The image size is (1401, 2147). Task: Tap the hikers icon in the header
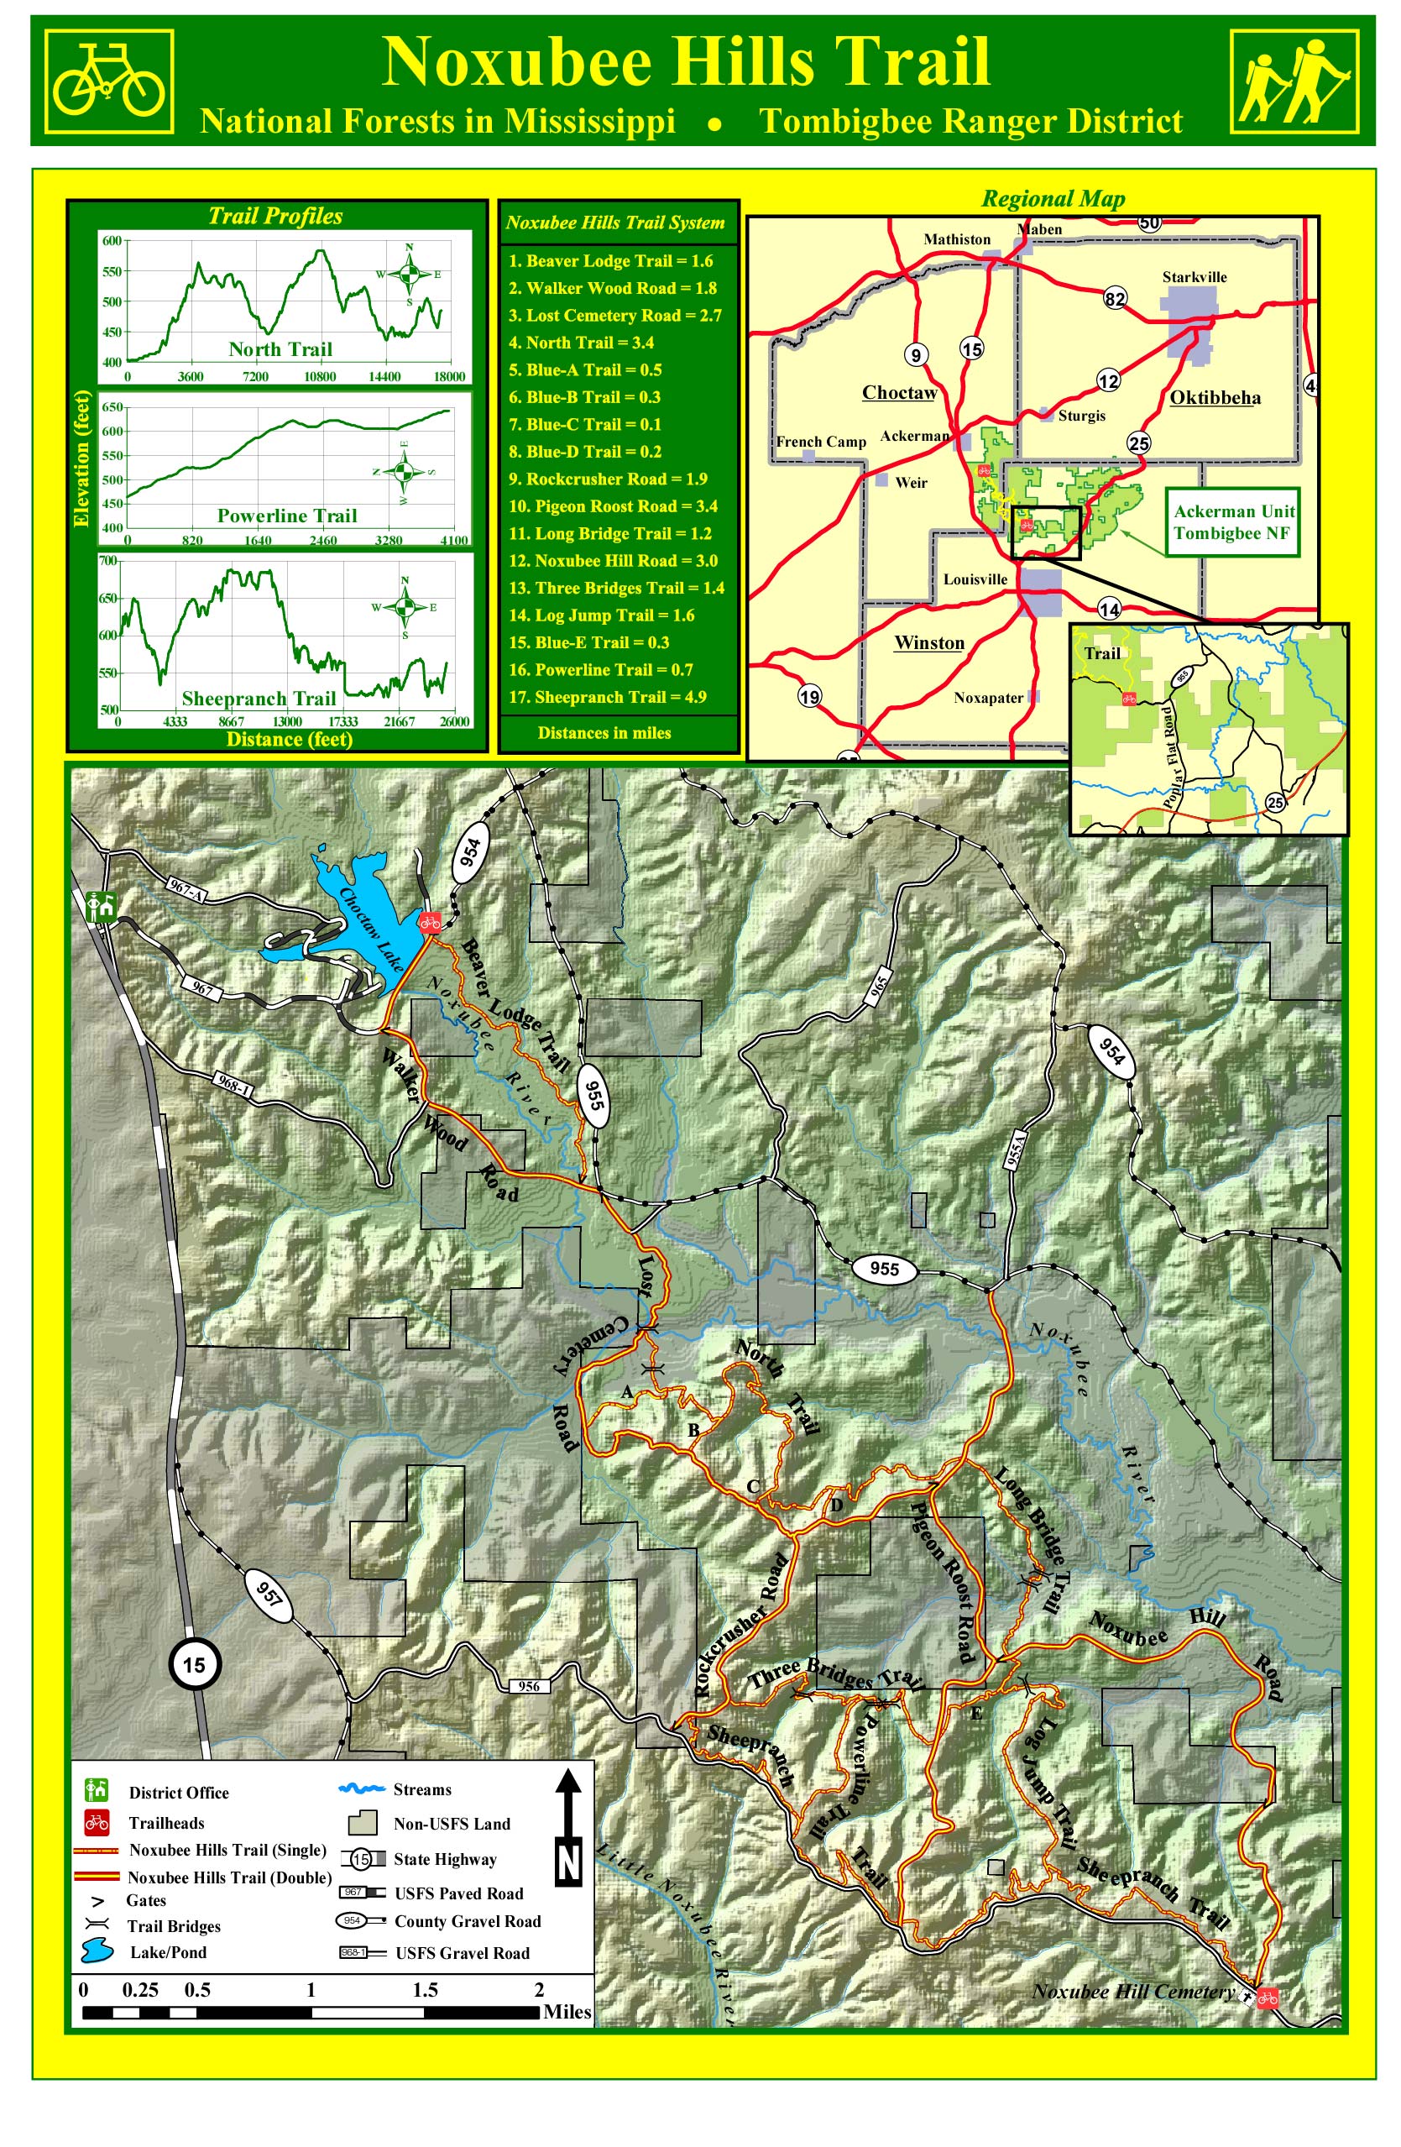[x=1294, y=81]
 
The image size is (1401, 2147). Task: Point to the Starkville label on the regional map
[x=1194, y=277]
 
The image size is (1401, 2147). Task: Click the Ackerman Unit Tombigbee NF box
[x=1232, y=522]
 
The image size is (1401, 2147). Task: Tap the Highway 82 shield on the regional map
[x=1115, y=299]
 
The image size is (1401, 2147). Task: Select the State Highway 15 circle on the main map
[x=194, y=1663]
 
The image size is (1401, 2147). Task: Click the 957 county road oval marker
[x=269, y=1594]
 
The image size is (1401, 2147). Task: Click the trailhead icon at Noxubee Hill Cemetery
[x=1267, y=1998]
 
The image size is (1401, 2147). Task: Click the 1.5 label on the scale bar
[x=425, y=1989]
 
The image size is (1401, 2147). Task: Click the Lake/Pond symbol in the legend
[x=97, y=1952]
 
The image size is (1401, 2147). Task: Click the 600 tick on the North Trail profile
[x=112, y=241]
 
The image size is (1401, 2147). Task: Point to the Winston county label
[x=928, y=642]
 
